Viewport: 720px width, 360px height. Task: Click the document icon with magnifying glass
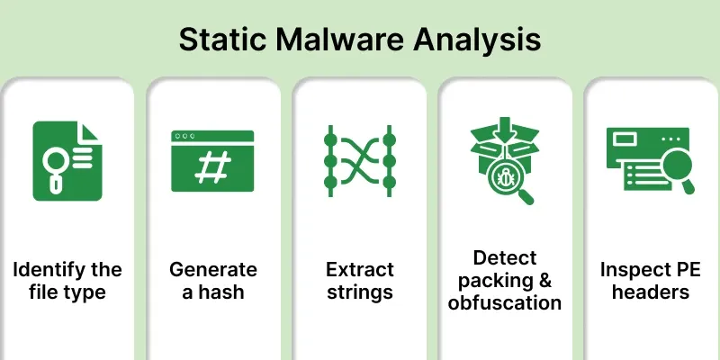[x=67, y=158]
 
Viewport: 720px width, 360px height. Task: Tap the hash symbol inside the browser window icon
[x=212, y=166]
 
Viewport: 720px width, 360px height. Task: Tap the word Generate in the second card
[x=212, y=270]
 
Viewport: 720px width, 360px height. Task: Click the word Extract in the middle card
[x=359, y=270]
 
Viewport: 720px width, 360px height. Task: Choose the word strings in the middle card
[x=359, y=292]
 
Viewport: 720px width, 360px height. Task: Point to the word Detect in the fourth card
[x=505, y=257]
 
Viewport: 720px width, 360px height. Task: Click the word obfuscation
[x=505, y=302]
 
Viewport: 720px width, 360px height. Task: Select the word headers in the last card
[x=651, y=292]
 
